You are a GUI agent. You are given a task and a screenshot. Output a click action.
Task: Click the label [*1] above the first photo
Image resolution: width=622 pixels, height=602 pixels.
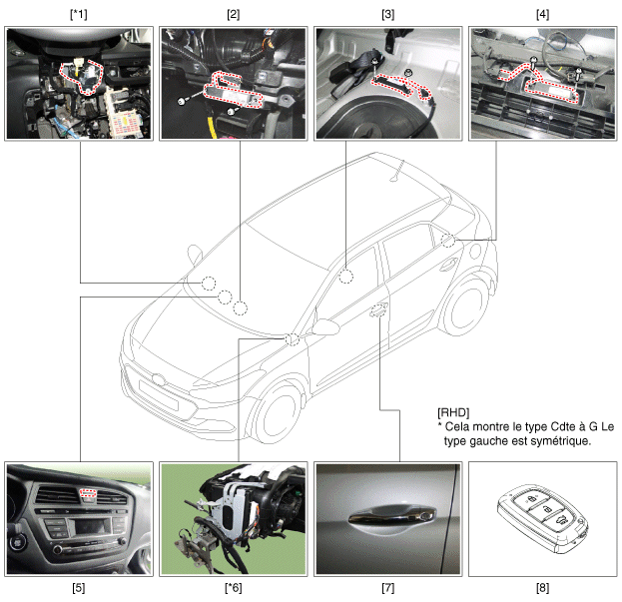79,15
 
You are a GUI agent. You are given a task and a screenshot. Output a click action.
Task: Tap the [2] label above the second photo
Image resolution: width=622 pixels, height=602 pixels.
234,15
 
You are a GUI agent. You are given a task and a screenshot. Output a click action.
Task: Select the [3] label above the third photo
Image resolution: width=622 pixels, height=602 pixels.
388,15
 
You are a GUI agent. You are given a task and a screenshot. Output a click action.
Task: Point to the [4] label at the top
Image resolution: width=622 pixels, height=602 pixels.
543,15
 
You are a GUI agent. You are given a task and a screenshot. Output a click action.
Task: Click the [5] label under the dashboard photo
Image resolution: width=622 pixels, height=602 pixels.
79,588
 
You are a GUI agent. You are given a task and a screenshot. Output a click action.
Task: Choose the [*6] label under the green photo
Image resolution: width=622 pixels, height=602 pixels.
234,588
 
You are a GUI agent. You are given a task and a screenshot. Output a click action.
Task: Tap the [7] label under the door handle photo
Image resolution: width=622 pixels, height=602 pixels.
388,588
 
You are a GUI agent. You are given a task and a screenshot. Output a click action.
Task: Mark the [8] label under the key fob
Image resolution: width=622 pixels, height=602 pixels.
543,588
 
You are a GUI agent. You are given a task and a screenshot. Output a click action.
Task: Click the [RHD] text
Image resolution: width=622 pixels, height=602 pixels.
453,413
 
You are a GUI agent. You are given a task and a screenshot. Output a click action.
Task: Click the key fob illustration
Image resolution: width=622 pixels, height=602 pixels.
543,519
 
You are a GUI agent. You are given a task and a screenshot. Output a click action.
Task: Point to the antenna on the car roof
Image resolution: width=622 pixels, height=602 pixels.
398,171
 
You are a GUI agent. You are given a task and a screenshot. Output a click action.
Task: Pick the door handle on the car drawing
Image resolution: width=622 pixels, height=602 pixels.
379,309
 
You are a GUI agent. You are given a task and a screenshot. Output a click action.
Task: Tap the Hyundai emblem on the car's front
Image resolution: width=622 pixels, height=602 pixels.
159,379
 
